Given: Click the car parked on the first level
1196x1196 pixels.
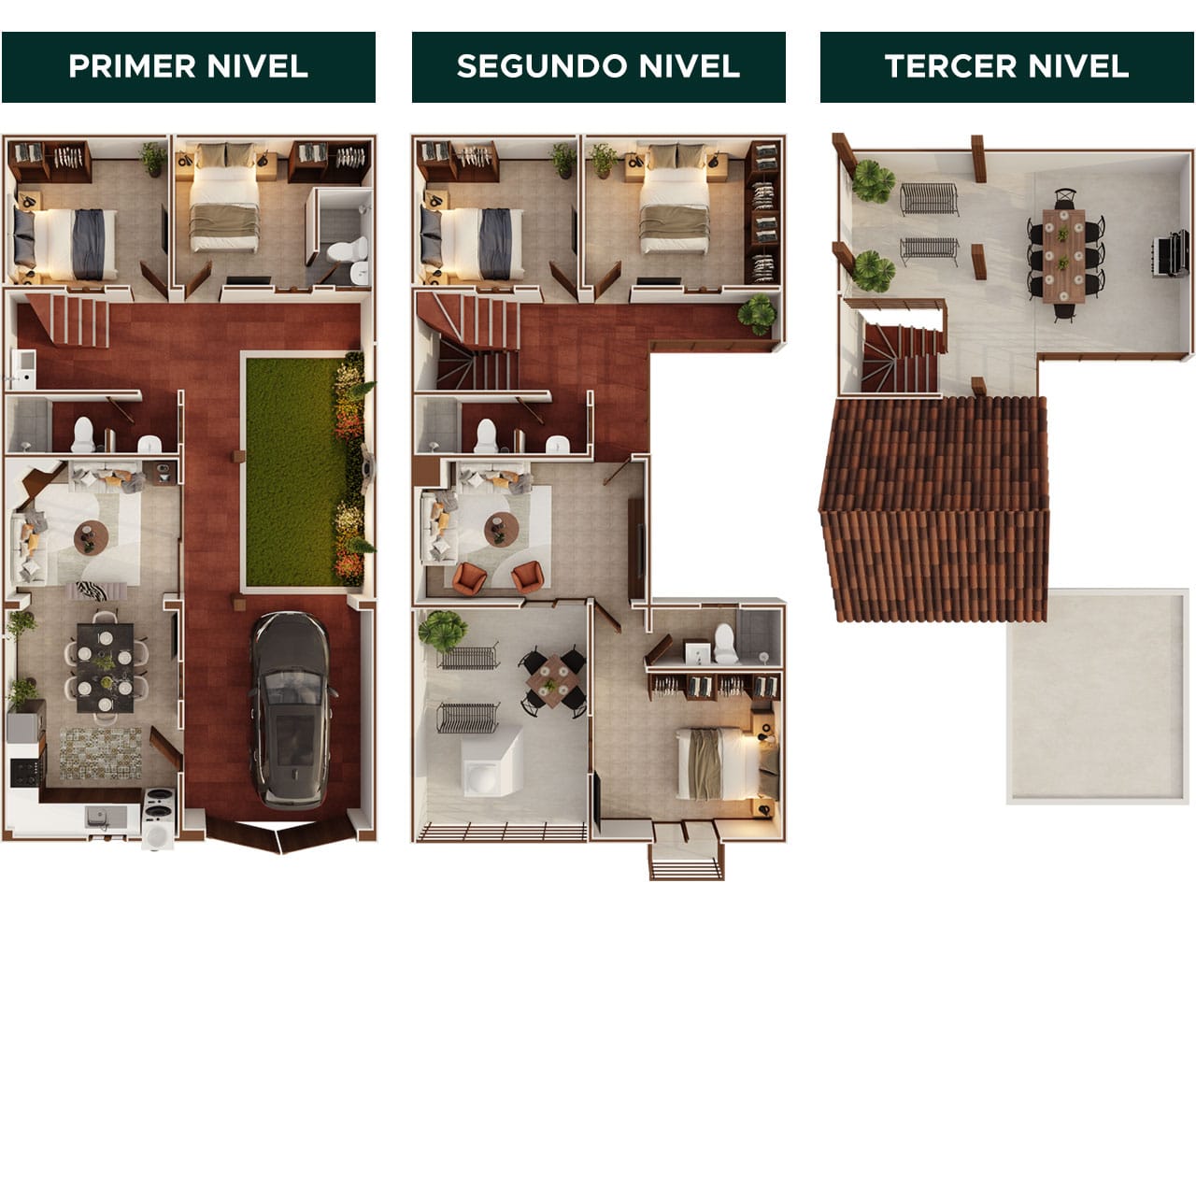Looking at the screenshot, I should [x=290, y=710].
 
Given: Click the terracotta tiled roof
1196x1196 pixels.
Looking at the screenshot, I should [x=934, y=509].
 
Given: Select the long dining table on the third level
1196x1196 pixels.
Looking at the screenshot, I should [x=1064, y=254].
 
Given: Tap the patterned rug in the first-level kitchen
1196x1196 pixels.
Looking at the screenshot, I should [x=100, y=753].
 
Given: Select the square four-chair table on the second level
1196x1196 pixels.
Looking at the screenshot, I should [x=555, y=678].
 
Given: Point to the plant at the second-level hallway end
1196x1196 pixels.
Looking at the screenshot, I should [x=757, y=315].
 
